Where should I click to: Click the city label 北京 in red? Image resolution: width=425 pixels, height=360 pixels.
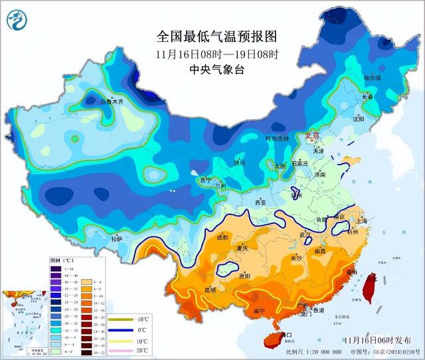(x=311, y=135)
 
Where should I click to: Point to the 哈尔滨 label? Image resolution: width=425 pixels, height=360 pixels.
(x=373, y=78)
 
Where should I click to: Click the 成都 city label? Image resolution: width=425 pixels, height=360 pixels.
(x=221, y=237)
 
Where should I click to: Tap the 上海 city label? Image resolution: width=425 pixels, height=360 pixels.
(x=361, y=221)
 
